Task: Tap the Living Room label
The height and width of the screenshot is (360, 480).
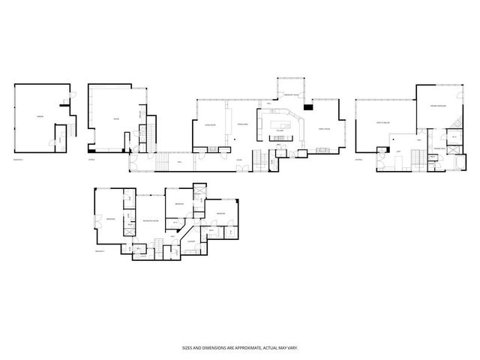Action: (x=211, y=125)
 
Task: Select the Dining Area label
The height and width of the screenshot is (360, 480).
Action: (x=242, y=124)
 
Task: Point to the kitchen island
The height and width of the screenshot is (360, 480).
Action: (x=284, y=121)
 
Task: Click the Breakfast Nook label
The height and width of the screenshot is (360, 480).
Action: (x=292, y=96)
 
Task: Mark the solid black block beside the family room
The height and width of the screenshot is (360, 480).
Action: (x=307, y=106)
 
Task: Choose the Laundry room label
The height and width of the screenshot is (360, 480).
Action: (x=191, y=240)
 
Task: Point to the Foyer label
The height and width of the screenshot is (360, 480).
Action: (x=238, y=160)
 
